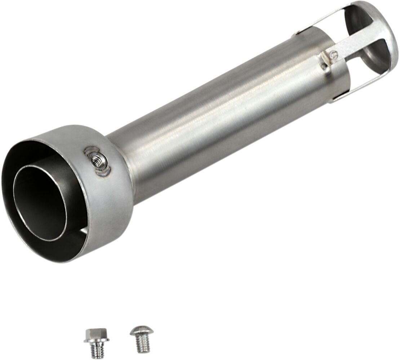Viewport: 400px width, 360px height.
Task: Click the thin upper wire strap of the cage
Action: coord(317,22)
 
